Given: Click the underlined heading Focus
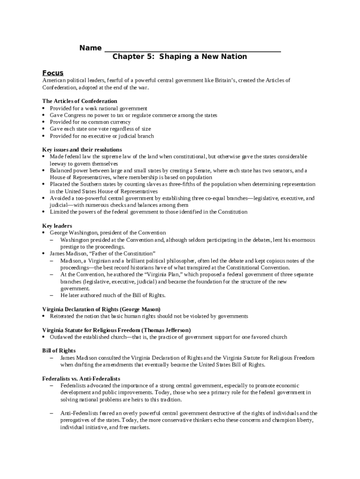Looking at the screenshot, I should [53, 73].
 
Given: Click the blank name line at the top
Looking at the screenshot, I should [192, 49].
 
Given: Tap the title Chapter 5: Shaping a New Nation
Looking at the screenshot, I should [180, 57].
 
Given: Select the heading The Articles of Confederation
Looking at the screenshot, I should [79, 101].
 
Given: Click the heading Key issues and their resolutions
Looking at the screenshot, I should [82, 150].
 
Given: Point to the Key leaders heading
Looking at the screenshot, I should [57, 226].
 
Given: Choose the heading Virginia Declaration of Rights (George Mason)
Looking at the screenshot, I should [101, 309].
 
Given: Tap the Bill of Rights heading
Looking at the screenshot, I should [59, 351].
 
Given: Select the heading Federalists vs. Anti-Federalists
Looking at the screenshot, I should [81, 378].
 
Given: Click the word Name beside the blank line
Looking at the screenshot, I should [90, 48].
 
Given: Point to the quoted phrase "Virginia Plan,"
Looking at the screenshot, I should [146, 275].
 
